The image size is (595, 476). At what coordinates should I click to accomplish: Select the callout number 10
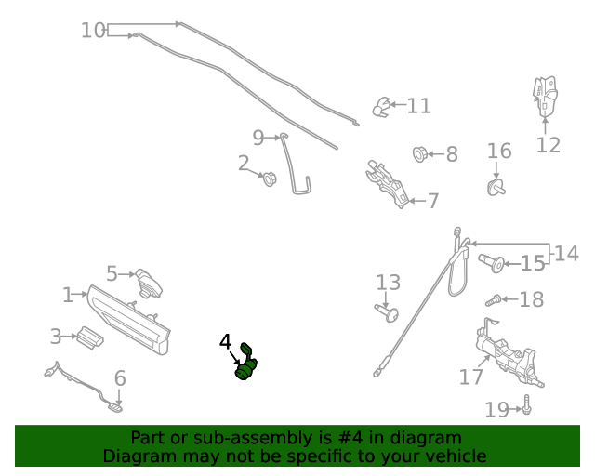(x=93, y=31)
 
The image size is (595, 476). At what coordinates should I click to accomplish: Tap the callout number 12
(x=548, y=145)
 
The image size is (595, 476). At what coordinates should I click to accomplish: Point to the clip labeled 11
(x=380, y=108)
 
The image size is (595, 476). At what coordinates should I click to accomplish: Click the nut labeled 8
(x=419, y=153)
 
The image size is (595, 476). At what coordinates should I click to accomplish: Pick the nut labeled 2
(x=270, y=178)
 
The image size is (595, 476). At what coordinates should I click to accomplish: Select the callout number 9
(x=258, y=139)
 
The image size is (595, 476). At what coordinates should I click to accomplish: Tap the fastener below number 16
(x=496, y=190)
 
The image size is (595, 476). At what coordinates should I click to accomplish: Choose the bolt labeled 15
(x=491, y=264)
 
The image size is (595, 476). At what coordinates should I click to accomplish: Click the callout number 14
(x=567, y=252)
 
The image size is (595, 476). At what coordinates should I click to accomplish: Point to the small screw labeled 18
(x=495, y=299)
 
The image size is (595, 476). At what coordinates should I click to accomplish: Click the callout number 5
(x=112, y=273)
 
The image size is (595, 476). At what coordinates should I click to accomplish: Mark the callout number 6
(x=119, y=378)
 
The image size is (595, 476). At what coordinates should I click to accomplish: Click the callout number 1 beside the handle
(x=67, y=296)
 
